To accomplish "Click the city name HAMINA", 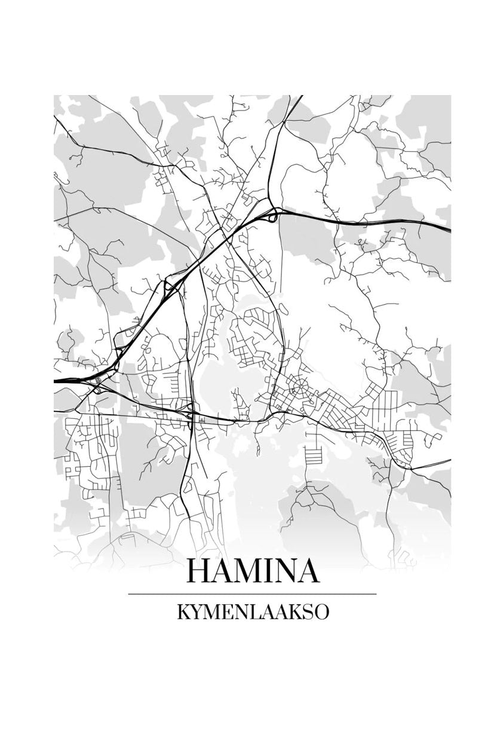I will (253, 571).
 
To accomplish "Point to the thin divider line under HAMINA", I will (253, 594).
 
